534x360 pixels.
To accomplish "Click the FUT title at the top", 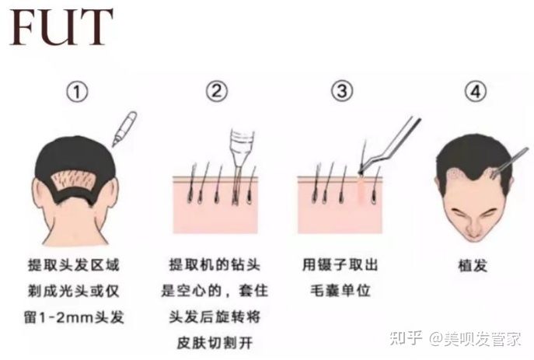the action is (x=61, y=27).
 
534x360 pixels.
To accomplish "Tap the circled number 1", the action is (x=77, y=92).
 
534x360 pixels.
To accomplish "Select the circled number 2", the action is (x=217, y=91).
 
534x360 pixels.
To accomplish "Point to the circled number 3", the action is (x=342, y=91).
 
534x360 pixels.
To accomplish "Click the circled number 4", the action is (x=476, y=91).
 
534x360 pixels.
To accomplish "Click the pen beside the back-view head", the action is (x=124, y=129).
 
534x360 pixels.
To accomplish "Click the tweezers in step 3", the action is (x=389, y=145).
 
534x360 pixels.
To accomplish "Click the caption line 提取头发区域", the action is (x=74, y=265).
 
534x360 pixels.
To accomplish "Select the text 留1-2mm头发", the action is (x=74, y=317).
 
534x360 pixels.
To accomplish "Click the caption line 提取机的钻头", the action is (x=215, y=264).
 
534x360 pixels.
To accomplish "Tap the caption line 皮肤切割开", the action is (x=215, y=343).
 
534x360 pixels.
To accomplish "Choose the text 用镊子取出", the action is (x=340, y=264).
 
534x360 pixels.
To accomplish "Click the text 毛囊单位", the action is (x=340, y=291).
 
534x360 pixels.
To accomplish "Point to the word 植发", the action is (x=473, y=266).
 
